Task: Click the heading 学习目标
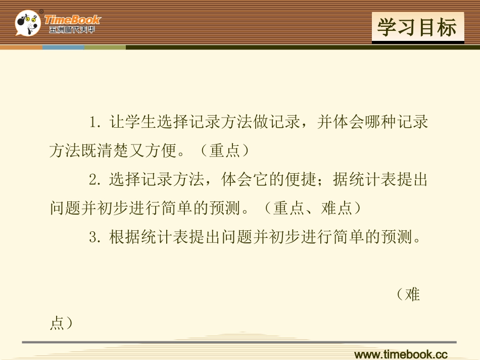(x=417, y=27)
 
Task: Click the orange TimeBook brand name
(x=72, y=20)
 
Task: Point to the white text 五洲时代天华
(x=72, y=30)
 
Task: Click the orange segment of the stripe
(x=21, y=47)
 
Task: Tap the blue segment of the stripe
(x=63, y=47)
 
